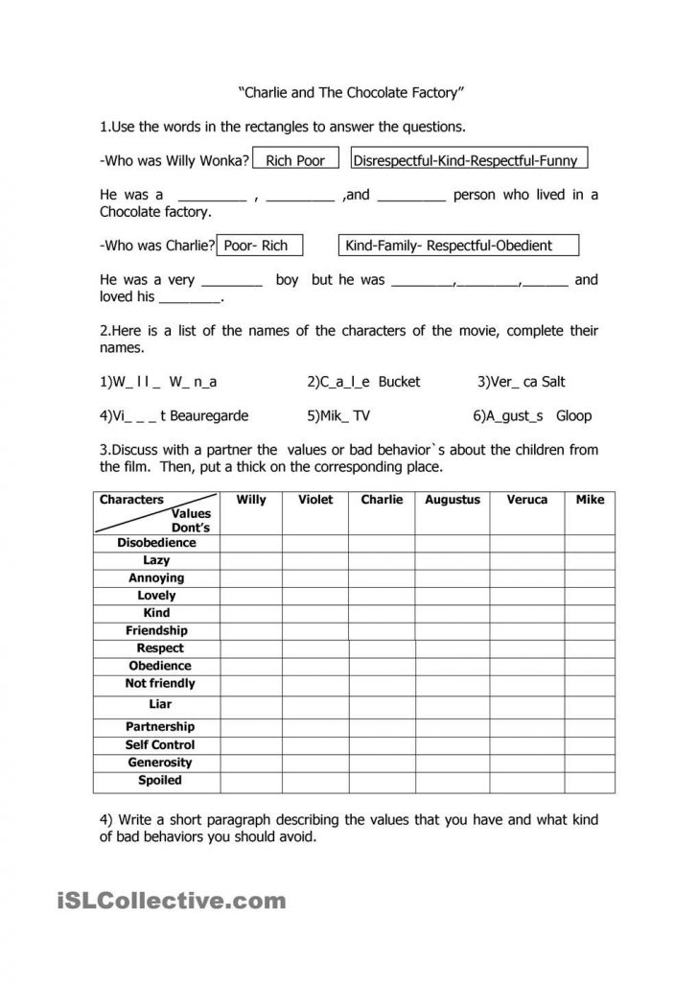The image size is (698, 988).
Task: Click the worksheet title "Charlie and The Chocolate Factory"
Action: (x=350, y=94)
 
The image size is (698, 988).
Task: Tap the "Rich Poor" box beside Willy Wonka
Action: (x=295, y=160)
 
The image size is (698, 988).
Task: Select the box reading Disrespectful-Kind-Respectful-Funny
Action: (x=470, y=160)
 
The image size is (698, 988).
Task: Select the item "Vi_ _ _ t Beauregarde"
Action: (x=174, y=415)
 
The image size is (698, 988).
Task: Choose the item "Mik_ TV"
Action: (x=338, y=415)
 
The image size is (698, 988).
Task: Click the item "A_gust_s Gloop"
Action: (x=532, y=415)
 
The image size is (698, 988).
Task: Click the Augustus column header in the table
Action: (x=453, y=500)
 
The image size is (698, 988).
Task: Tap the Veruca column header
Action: (x=528, y=500)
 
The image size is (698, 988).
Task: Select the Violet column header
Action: (x=315, y=500)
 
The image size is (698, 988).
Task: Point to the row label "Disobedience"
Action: (x=156, y=543)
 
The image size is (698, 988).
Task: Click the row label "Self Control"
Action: (x=159, y=745)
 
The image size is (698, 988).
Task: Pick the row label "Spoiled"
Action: (x=159, y=781)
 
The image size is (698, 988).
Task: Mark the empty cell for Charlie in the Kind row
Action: (x=382, y=613)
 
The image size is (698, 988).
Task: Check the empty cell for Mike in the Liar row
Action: (x=590, y=705)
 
